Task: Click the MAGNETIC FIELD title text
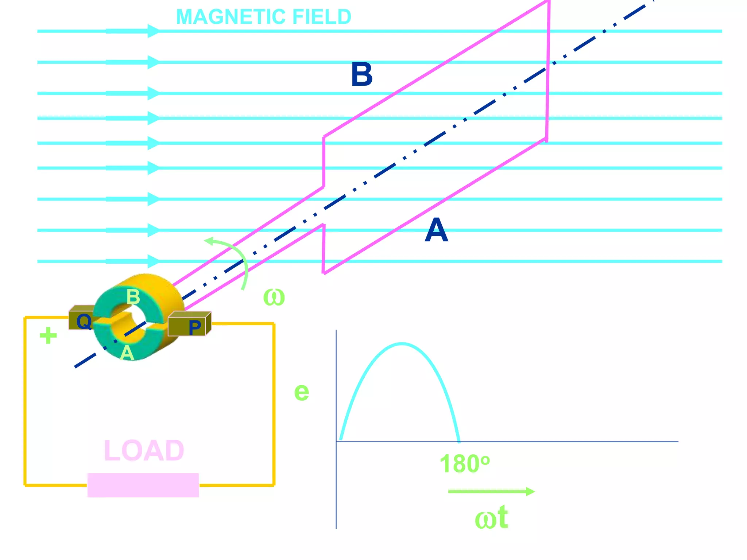[x=263, y=17]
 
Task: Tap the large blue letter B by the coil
[x=361, y=75]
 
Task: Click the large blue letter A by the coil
[x=436, y=230]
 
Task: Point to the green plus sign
[x=48, y=336]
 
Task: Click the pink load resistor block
[x=143, y=485]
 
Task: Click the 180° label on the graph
[x=464, y=464]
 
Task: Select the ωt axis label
[x=491, y=518]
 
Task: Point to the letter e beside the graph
[x=302, y=392]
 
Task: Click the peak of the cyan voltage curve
[x=401, y=343]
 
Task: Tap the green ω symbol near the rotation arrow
[x=274, y=297]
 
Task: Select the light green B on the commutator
[x=133, y=297]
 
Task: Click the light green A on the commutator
[x=127, y=353]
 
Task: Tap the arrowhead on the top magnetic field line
[x=153, y=31]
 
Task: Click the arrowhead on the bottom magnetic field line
[x=153, y=261]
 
